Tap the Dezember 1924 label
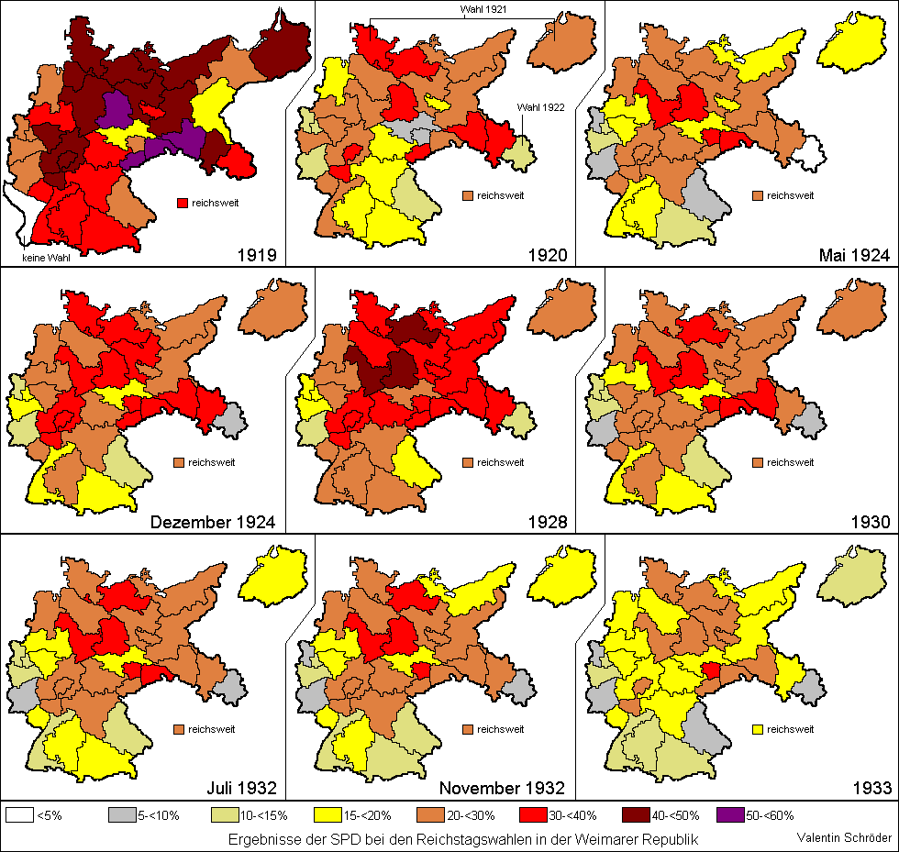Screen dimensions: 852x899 [212, 523]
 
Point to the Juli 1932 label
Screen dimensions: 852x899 [240, 788]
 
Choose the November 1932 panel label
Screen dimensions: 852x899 [502, 788]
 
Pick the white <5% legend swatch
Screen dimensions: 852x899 [20, 814]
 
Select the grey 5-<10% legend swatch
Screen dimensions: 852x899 [121, 814]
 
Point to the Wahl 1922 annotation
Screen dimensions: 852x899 [541, 106]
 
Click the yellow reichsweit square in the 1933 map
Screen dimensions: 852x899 [757, 730]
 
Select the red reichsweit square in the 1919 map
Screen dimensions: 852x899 [182, 203]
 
